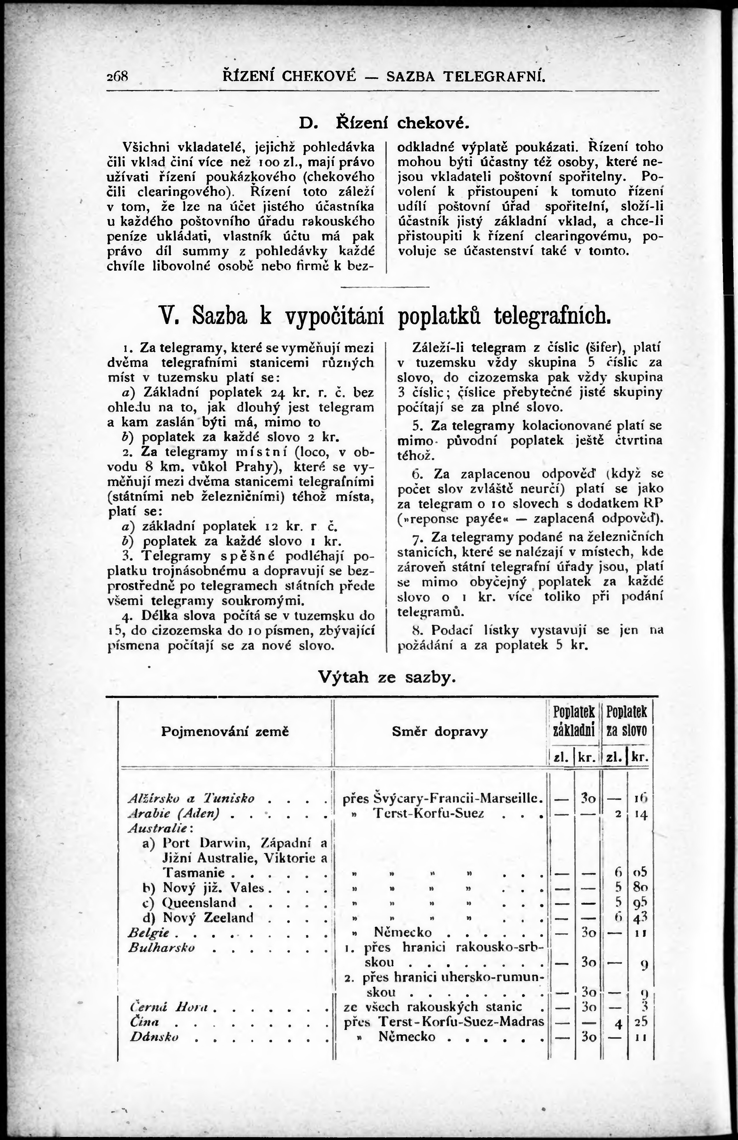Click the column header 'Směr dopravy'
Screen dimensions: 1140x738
point(440,731)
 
